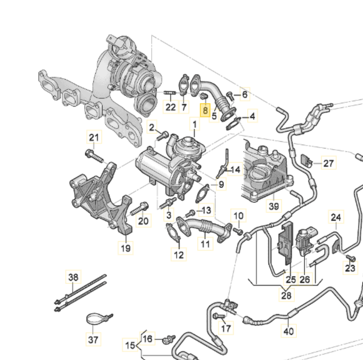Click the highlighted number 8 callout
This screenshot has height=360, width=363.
205,109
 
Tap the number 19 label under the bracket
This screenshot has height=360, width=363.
125,247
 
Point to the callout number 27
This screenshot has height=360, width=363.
329,163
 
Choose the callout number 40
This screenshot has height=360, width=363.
288,332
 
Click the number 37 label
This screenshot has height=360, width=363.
93,340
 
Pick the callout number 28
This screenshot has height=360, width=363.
286,296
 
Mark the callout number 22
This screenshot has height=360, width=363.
170,107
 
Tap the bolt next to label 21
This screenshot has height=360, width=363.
95,155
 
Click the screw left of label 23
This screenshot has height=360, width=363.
348,258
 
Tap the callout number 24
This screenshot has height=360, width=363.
336,218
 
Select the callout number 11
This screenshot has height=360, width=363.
205,244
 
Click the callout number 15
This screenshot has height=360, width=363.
130,345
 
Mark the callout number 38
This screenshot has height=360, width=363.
74,277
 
